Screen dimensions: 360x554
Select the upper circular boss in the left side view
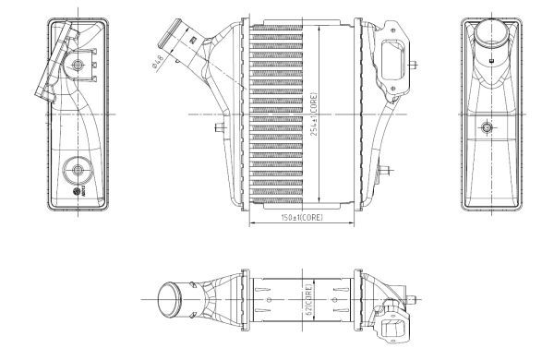coord(78,64)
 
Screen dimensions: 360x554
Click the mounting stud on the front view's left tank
coord(220,128)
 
